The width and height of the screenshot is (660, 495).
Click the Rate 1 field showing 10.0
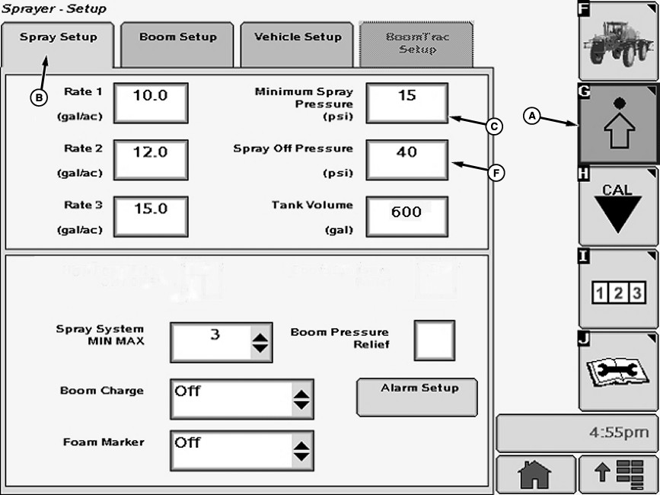151,103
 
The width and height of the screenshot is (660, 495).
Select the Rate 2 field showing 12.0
151,160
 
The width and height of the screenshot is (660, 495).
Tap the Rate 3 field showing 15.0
151,216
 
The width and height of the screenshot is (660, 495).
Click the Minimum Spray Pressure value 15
407,103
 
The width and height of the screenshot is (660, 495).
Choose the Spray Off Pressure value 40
407,160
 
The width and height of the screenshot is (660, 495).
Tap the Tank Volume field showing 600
407,216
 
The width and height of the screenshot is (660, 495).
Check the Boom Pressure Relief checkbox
435,340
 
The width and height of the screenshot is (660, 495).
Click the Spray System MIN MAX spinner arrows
260,342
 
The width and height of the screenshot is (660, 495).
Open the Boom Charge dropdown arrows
302,398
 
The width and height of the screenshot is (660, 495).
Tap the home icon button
534,474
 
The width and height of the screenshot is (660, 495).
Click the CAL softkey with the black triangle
617,207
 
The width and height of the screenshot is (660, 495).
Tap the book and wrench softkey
617,372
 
